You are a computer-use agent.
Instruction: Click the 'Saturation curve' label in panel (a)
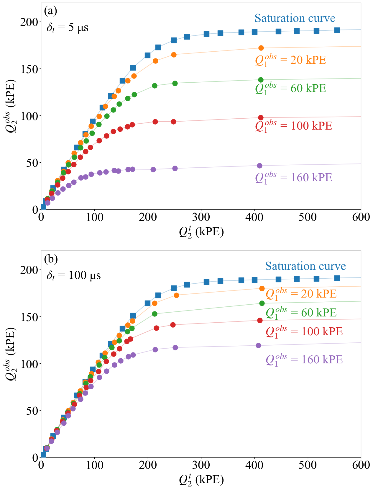295,18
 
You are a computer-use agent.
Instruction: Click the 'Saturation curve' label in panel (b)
305,266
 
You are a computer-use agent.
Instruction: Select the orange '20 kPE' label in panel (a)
290,60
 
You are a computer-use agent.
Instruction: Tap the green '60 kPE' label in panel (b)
301,313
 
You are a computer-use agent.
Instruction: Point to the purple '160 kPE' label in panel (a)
293,177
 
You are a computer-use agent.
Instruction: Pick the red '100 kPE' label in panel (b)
304,331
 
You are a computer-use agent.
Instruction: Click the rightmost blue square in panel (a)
337,30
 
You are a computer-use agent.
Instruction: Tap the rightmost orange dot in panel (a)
261,48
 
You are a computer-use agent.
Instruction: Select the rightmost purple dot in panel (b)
258,345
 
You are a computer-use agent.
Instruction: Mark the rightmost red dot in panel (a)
261,117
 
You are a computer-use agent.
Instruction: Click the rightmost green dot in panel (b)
262,303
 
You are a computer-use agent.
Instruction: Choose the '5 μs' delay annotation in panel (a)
68,28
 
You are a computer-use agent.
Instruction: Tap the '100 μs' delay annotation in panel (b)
74,276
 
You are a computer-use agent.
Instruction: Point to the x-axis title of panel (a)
201,232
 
